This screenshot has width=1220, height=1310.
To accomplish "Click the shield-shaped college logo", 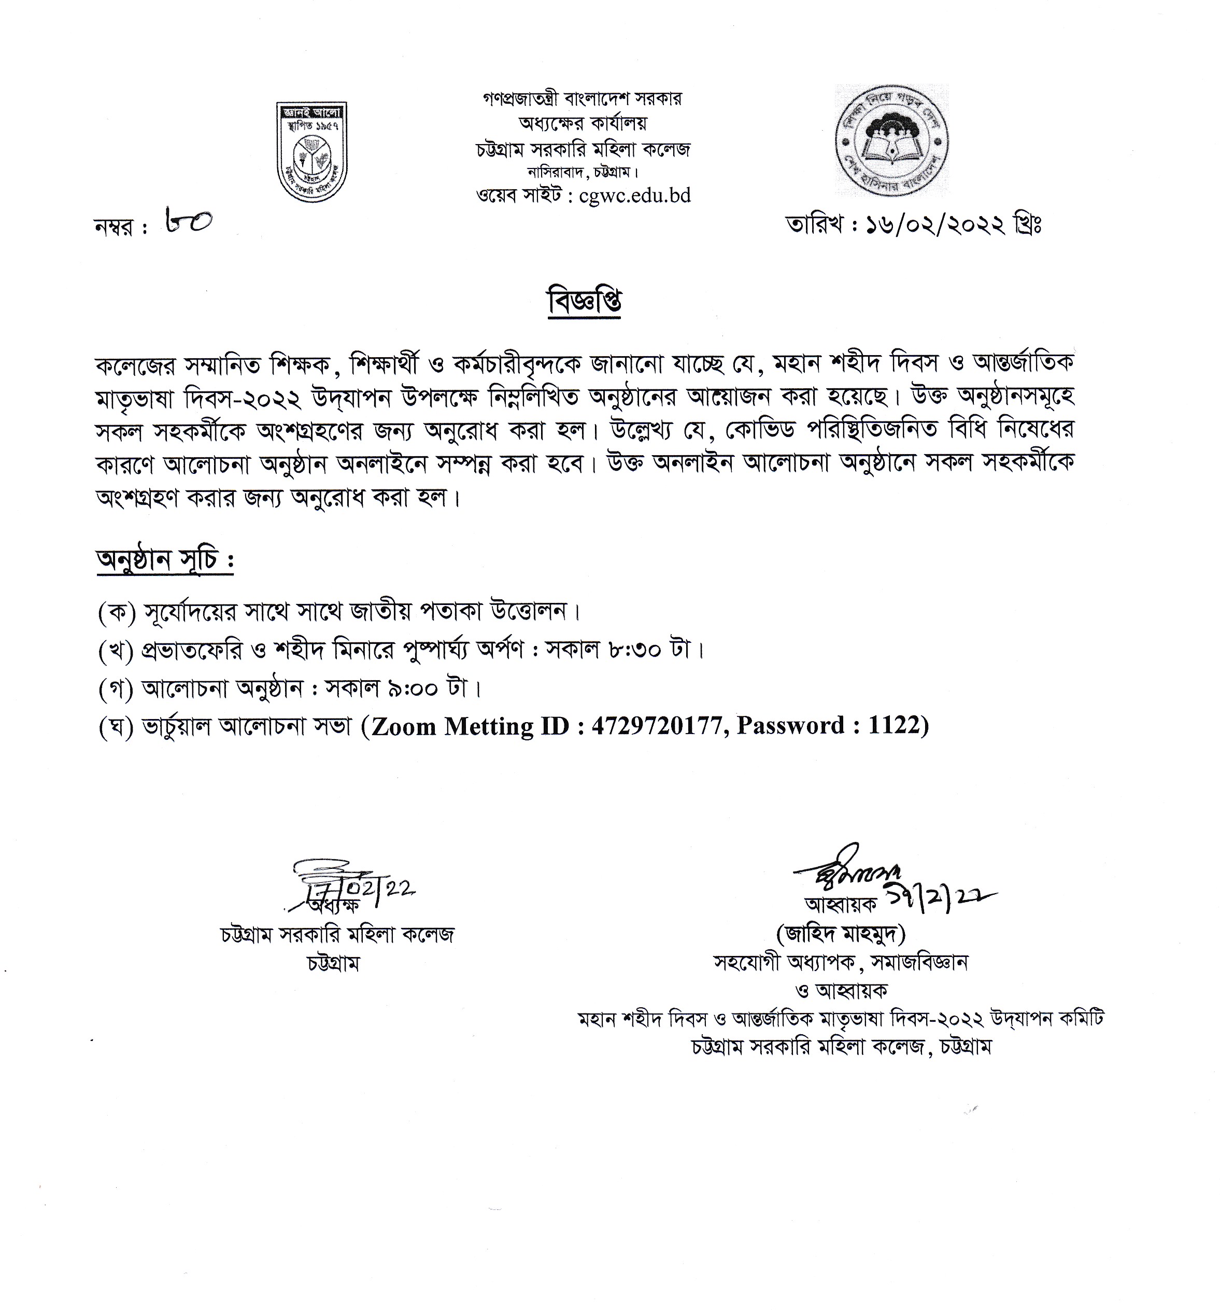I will tap(311, 151).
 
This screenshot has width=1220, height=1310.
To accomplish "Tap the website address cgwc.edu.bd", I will tap(634, 196).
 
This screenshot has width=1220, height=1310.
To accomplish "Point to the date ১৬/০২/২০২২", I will tap(935, 226).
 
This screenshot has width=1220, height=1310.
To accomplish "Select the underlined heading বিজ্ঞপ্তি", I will tap(584, 302).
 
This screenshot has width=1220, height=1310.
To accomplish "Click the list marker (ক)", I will tap(117, 612).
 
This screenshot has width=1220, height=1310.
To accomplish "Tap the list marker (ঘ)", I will tap(117, 727).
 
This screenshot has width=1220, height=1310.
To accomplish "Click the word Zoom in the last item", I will tap(403, 726).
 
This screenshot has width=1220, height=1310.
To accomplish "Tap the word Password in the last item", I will tap(790, 726).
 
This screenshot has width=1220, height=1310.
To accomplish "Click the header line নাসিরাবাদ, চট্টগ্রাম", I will tap(583, 173).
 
